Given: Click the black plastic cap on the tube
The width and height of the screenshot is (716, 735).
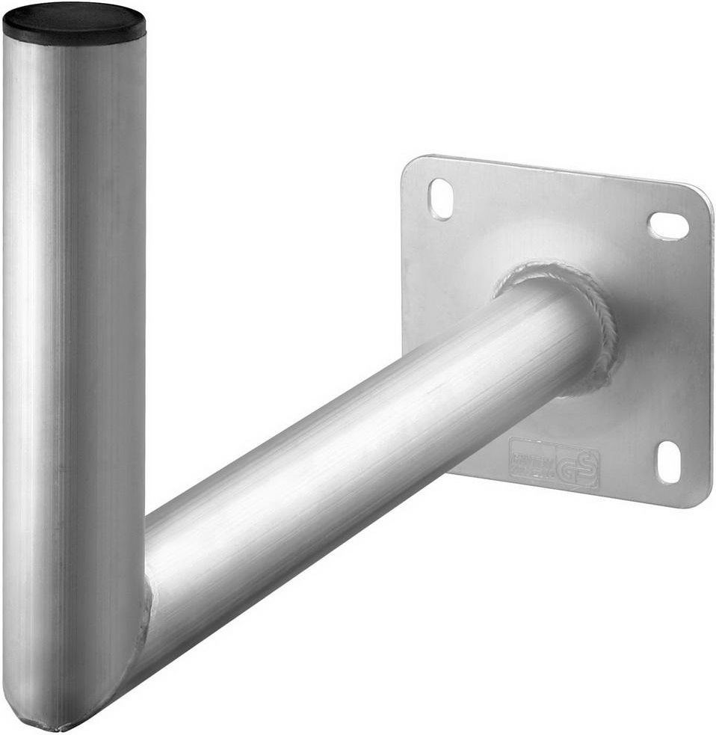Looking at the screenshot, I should pyautogui.click(x=74, y=22).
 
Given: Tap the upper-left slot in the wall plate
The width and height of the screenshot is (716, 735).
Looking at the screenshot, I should pyautogui.click(x=441, y=199).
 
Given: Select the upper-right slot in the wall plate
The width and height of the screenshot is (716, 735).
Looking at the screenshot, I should pyautogui.click(x=668, y=225).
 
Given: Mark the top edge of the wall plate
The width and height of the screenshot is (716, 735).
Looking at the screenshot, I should pyautogui.click(x=553, y=167).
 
